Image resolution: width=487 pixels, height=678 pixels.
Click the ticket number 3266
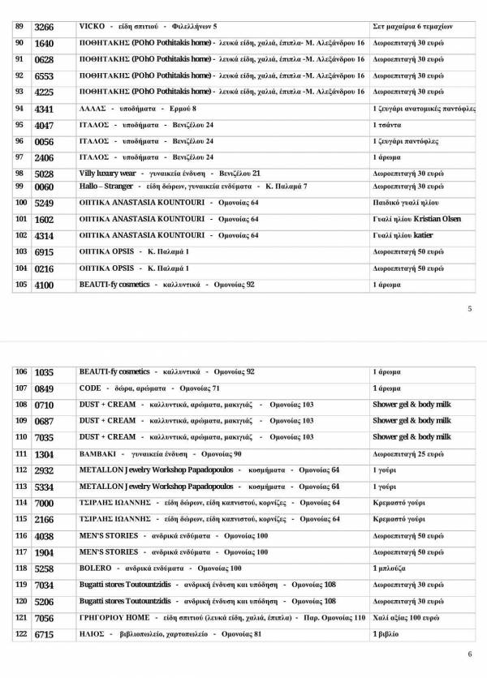(45, 27)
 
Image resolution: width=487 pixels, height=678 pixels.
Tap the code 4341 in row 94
(45, 109)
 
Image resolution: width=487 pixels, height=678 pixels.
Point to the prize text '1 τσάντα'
(386, 126)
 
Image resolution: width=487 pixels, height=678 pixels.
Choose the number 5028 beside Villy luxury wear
(45, 174)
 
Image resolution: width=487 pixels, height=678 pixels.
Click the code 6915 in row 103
(45, 253)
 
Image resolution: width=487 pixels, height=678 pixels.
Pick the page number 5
(470, 309)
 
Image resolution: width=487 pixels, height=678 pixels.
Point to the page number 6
(470, 654)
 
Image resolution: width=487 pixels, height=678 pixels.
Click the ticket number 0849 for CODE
(45, 388)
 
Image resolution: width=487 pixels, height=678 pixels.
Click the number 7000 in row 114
(45, 504)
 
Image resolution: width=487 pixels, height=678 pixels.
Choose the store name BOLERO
(96, 569)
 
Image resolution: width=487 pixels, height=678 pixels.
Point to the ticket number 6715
(45, 635)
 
